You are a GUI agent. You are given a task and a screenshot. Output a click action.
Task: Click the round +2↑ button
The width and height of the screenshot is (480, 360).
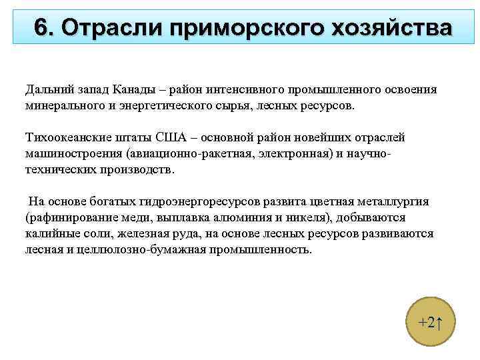coord(427,323)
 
